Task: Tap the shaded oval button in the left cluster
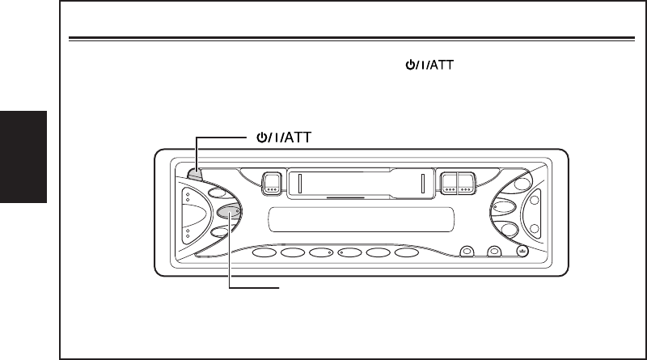(x=230, y=213)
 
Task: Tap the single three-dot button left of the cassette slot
(x=272, y=183)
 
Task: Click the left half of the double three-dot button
(x=449, y=183)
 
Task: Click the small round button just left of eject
(x=493, y=252)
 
